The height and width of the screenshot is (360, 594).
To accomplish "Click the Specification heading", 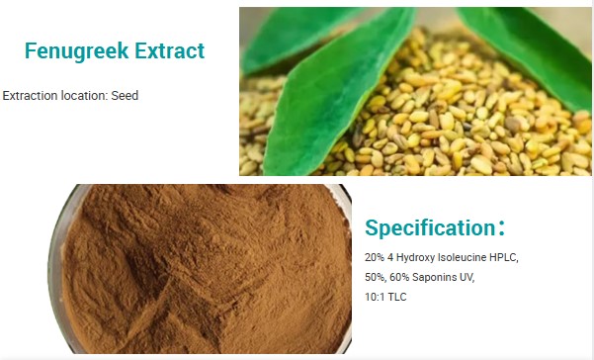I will click(429, 228).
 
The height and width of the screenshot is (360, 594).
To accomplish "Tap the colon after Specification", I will click(502, 228).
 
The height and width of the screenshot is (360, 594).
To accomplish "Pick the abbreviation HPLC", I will click(503, 257).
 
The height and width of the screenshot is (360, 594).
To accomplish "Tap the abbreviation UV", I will click(468, 277).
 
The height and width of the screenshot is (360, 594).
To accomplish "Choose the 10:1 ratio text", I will click(377, 297).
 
